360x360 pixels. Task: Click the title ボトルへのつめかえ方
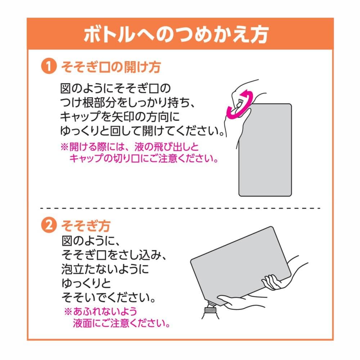[176, 35]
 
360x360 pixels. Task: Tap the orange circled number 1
[49, 66]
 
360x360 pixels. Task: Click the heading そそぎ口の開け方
[111, 67]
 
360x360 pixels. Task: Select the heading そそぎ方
[86, 226]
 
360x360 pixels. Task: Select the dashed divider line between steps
[180, 208]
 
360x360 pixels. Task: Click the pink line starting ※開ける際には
[130, 147]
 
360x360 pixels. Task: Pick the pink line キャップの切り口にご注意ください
[144, 158]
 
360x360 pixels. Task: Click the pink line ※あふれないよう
[100, 311]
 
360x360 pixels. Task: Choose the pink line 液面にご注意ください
[122, 323]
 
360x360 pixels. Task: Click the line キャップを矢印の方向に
[120, 117]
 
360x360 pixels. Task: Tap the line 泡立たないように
[105, 269]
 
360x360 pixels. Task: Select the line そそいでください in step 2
[109, 298]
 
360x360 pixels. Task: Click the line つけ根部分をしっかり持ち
[128, 102]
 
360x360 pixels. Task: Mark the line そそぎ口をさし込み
[114, 255]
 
